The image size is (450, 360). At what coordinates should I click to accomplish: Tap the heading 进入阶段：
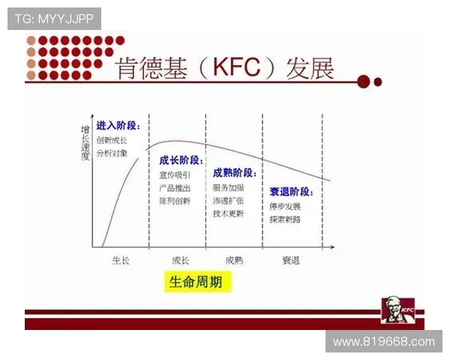coord(118,125)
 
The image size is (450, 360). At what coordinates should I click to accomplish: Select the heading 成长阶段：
coord(181,160)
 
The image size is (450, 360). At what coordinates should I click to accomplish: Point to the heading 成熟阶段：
coord(235,172)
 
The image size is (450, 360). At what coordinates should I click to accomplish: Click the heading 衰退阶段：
coord(291,191)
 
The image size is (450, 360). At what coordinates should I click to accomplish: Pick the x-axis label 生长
coord(120,260)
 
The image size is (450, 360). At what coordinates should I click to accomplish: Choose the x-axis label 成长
coord(180,260)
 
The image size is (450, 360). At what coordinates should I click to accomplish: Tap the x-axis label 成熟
coord(234,260)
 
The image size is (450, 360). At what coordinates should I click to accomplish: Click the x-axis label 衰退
coord(291,260)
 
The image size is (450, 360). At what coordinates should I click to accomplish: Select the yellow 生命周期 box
coord(195,282)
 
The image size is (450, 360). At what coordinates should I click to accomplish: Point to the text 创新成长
coord(112,140)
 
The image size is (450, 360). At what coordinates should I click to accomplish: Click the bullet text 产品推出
coord(175,188)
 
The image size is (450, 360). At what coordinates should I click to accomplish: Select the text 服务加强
coord(229,187)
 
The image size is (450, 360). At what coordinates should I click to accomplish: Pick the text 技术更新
coord(229,213)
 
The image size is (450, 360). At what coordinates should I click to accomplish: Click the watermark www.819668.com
coord(383,341)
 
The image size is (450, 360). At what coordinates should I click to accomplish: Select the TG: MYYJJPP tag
coord(54,19)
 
